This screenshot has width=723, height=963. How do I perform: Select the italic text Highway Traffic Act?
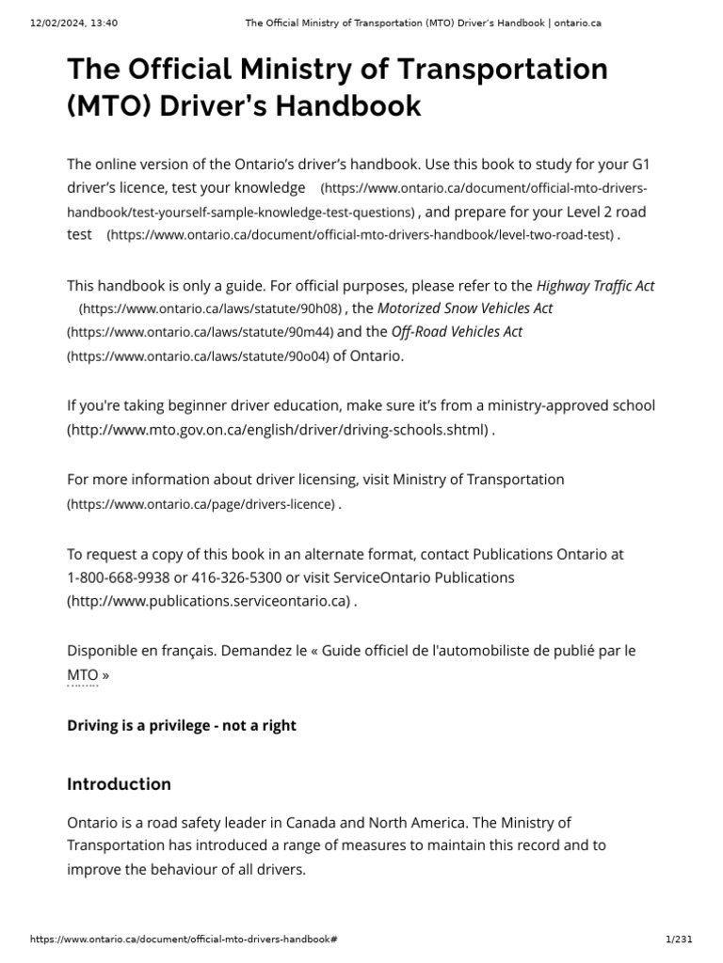595,285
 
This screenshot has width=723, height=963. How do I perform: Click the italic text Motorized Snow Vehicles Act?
465,308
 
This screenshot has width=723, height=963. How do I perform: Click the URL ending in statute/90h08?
211,308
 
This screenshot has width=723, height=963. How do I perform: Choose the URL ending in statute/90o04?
198,356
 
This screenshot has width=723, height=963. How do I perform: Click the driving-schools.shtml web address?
278,430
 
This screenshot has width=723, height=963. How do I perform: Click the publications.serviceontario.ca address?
209,601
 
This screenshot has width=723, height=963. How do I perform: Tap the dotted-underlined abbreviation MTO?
82,675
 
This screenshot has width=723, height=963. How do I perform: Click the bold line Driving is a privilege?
182,725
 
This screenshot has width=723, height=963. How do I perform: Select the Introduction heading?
119,783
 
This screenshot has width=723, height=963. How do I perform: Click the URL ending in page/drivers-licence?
201,504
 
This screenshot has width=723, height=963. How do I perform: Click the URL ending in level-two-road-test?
361,235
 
